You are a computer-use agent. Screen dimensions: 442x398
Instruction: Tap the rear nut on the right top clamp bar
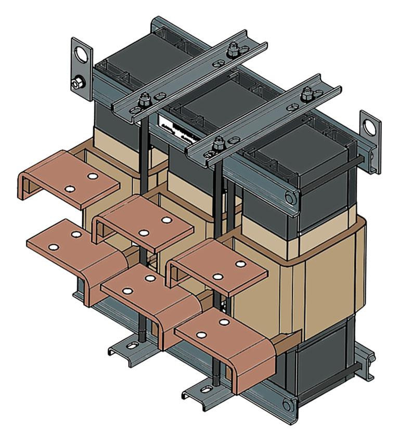point(306,94)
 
